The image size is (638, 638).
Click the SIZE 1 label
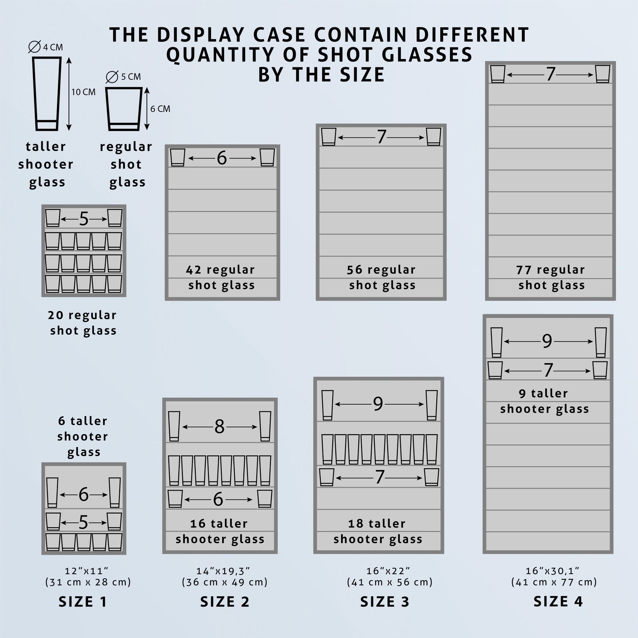pos(83,601)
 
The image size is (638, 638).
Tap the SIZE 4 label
pos(558,601)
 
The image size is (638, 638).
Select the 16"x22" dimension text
pos(388,571)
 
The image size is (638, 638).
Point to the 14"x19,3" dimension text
pos(223,571)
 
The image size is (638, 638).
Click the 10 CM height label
pos(84,92)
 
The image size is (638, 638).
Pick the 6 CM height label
pos(160,109)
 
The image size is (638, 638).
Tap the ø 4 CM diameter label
pos(46,47)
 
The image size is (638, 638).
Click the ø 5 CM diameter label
pos(124,76)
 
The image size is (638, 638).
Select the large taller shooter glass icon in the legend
pos(47,94)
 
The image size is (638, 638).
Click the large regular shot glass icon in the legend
pos(124,109)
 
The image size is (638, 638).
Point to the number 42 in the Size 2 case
pos(194,270)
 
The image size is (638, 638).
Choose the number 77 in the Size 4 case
pos(524,270)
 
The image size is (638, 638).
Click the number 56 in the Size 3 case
pos(355,270)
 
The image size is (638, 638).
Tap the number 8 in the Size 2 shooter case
pos(219,427)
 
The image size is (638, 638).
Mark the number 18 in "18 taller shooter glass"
pos(356,523)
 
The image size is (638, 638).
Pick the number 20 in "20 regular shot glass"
pos(55,315)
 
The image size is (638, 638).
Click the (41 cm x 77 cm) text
pos(554,582)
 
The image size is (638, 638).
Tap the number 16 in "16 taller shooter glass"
pos(198,523)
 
